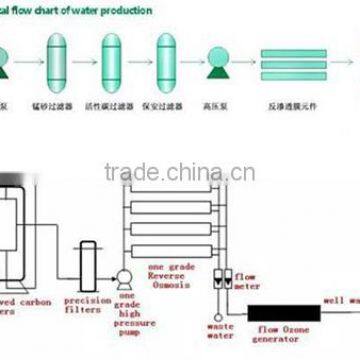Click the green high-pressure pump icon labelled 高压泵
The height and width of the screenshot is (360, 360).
click(213, 63)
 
